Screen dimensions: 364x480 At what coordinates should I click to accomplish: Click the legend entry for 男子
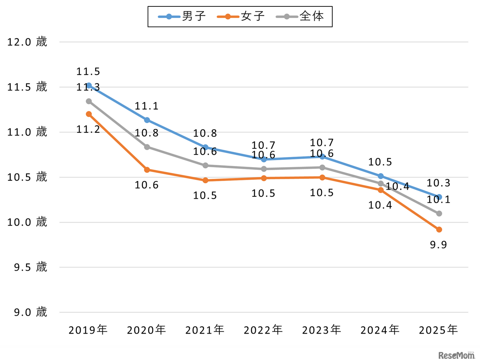coord(182,16)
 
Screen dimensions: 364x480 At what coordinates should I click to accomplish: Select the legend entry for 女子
coord(241,16)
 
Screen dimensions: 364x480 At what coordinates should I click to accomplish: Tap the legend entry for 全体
coord(300,16)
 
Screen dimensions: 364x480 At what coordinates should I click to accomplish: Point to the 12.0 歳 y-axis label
coord(27,42)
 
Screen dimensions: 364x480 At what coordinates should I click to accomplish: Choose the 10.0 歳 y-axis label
coord(27,222)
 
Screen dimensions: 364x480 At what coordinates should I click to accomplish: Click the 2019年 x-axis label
coord(88,330)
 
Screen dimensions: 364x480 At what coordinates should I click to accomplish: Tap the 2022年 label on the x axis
coord(263,330)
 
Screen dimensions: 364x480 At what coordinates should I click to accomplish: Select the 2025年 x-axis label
coord(438,330)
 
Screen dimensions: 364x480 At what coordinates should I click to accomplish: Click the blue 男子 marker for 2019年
coord(89,85)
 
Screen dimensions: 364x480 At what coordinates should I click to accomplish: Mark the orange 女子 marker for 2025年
coord(439,229)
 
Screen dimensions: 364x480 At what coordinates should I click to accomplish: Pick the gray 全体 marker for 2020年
coord(147,147)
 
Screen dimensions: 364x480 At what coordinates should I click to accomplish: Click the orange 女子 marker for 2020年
coord(147,170)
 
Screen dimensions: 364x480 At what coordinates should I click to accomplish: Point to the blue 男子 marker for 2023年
coord(322,156)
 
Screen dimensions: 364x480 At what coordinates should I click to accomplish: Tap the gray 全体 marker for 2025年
coord(439,213)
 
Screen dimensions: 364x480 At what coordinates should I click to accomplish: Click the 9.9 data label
coord(438,245)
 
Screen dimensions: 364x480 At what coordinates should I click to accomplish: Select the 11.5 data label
coord(88,72)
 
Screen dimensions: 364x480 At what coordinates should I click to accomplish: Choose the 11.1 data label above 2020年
coord(147,106)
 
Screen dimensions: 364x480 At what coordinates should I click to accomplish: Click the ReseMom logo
coord(456,355)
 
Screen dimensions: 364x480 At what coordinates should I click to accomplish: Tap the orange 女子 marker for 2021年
coord(205,180)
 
